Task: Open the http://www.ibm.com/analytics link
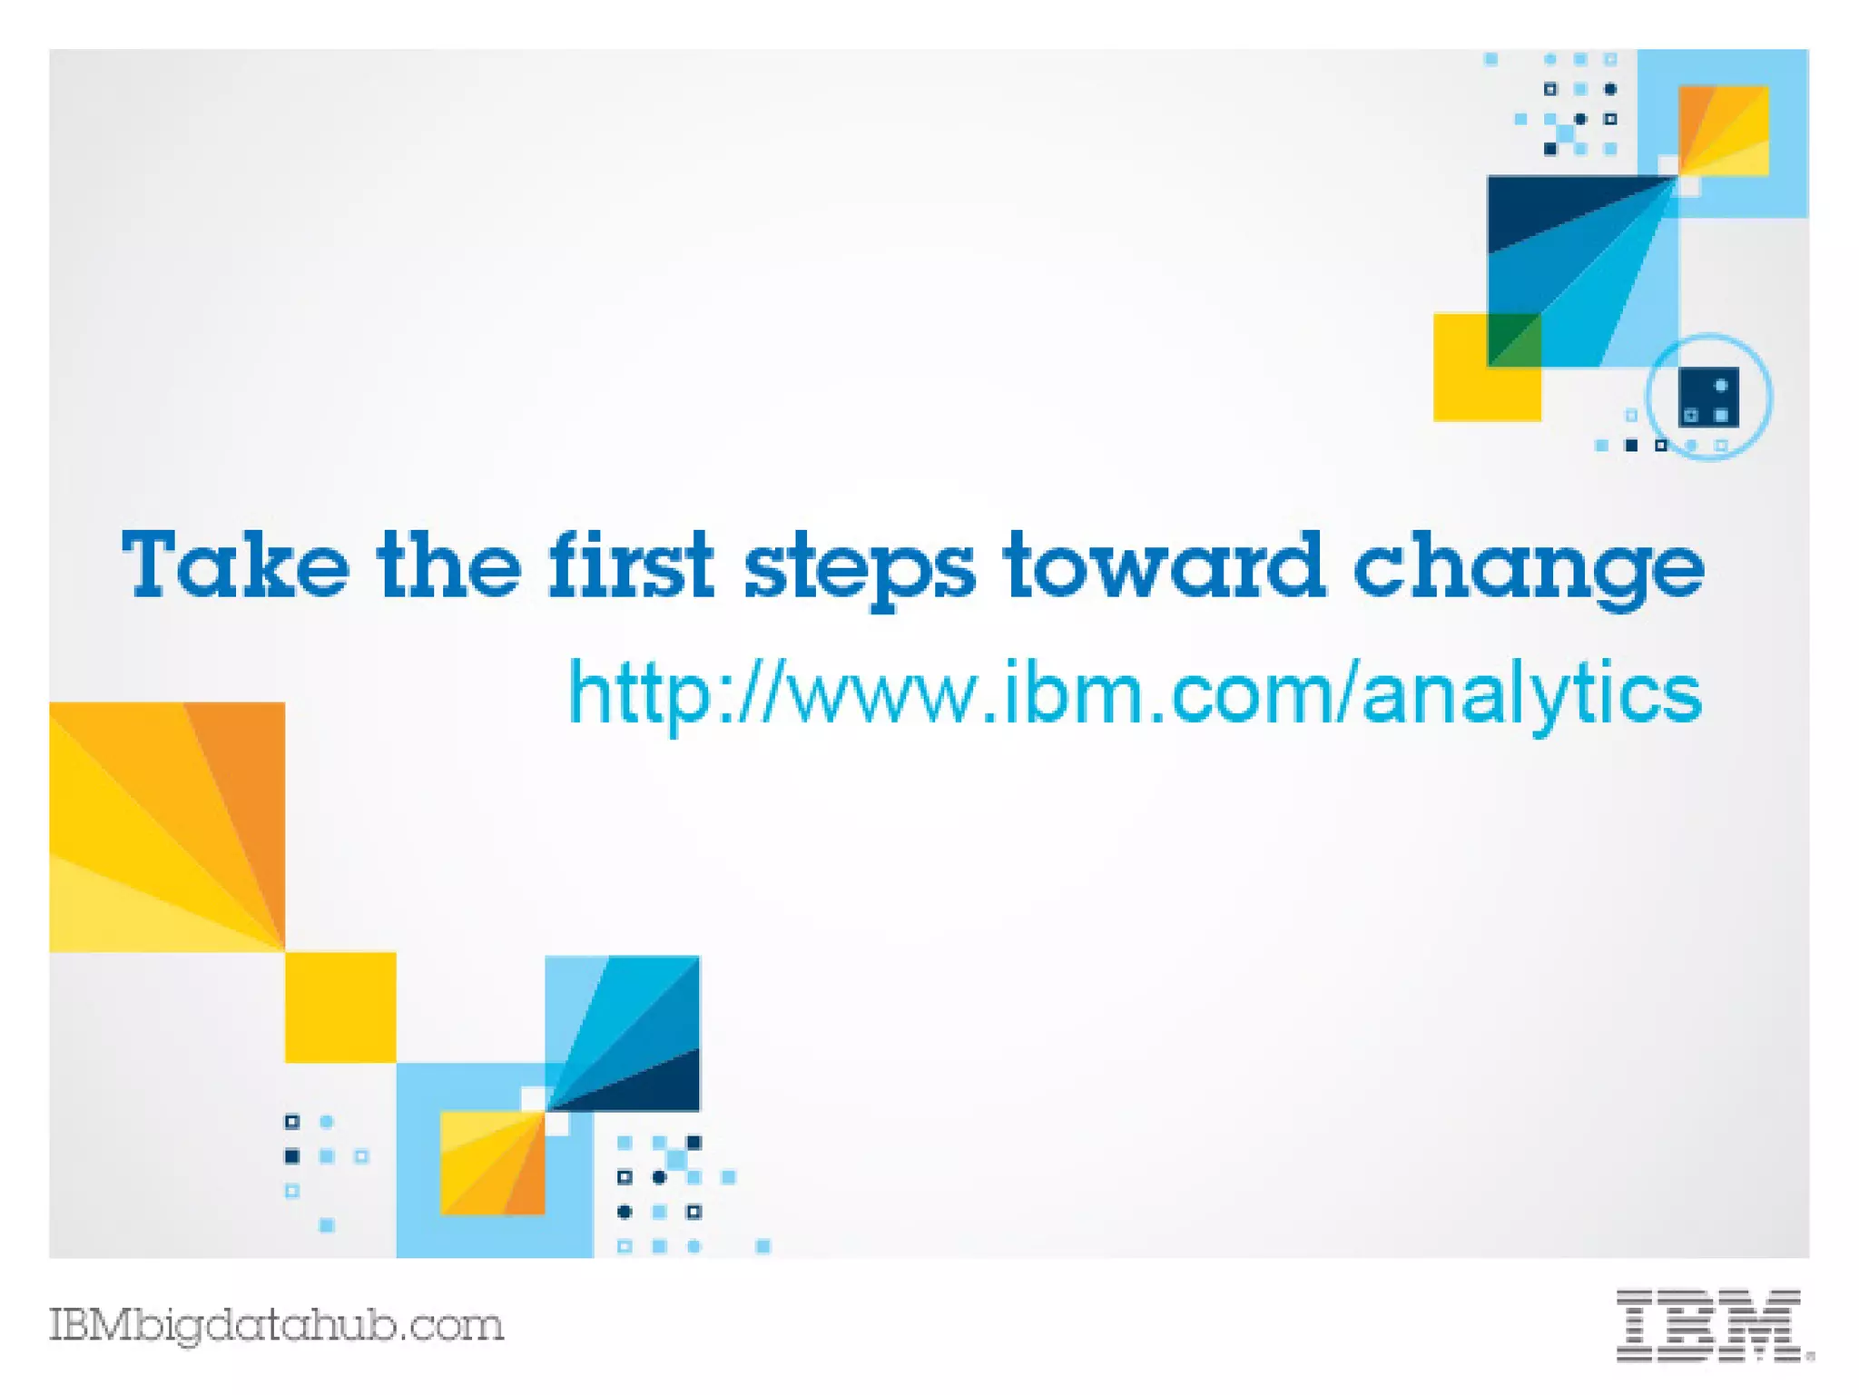click(1135, 694)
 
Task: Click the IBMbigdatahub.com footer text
click(276, 1325)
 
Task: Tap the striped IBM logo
click(1712, 1325)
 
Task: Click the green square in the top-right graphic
click(1513, 339)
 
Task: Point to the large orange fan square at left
click(166, 826)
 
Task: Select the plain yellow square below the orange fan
click(340, 1007)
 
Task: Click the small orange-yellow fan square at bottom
click(492, 1163)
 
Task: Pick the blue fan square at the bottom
click(623, 1033)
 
